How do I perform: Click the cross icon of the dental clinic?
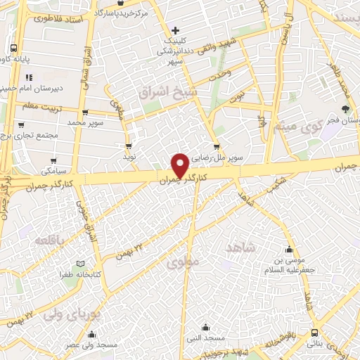click(176, 30)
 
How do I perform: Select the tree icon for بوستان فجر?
click(345, 109)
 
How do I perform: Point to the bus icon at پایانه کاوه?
click(14, 49)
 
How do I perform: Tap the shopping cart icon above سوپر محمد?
click(85, 112)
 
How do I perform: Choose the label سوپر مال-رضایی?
click(219, 158)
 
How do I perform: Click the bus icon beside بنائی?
click(313, 333)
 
